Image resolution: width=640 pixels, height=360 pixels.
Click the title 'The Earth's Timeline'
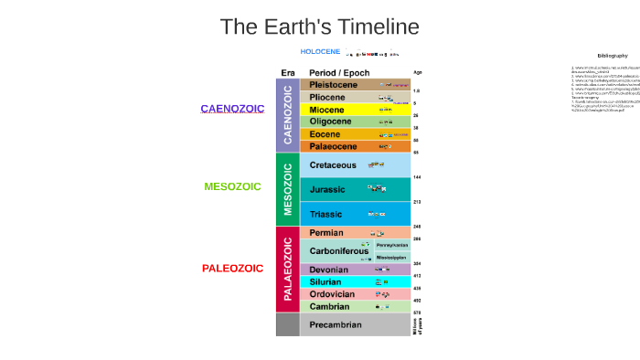pos(319,27)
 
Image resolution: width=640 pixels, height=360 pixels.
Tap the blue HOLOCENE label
pos(320,51)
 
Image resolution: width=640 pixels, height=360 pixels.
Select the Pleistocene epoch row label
pos(333,85)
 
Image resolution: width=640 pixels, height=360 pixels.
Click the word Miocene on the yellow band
pos(327,110)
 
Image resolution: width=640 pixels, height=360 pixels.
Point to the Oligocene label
pos(330,122)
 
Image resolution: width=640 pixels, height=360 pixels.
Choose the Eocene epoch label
pos(325,134)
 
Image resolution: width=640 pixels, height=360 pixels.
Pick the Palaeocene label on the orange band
pos(333,146)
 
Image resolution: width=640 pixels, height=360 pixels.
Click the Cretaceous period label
pos(333,165)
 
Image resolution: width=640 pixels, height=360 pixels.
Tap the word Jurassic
pos(327,190)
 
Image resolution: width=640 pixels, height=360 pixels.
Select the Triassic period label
pos(326,215)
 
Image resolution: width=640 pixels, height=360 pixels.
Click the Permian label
pos(326,234)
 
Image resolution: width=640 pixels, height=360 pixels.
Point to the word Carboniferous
pos(338,251)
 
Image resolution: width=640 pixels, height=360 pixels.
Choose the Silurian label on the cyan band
pos(325,282)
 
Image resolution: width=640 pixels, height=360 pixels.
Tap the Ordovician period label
pos(331,294)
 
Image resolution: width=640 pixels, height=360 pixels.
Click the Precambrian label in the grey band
pos(336,325)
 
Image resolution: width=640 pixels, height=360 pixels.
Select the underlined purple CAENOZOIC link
pos(232,109)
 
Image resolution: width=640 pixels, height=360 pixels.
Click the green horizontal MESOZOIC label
pos(232,186)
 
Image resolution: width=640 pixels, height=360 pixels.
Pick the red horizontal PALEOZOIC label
pos(232,269)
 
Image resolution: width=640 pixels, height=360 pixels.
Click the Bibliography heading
pos(613,56)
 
